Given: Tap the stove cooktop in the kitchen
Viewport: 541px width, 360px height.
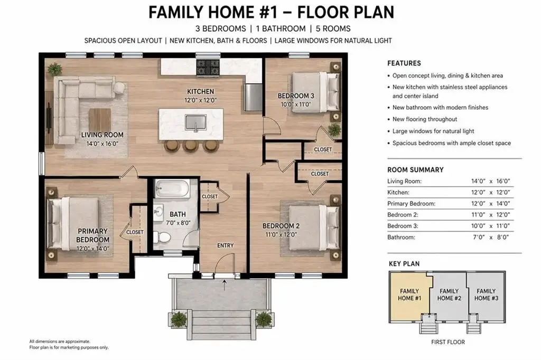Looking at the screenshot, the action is click(x=208, y=68).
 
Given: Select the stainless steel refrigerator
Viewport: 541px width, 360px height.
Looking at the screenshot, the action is click(x=254, y=97).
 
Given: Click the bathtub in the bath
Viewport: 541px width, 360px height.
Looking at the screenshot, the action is click(x=172, y=188).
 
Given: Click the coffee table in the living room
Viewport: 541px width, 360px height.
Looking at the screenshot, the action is click(x=100, y=119).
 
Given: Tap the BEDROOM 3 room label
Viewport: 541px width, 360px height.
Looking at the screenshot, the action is click(x=296, y=96).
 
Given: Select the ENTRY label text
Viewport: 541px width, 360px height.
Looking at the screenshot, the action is click(x=225, y=245).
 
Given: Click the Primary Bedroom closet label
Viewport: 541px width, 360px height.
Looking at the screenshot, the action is click(x=135, y=232).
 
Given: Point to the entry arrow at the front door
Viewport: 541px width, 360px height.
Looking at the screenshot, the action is click(x=225, y=285).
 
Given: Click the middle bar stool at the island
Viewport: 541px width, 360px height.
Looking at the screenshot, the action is click(x=190, y=146).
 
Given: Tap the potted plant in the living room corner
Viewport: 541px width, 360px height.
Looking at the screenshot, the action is click(x=55, y=69).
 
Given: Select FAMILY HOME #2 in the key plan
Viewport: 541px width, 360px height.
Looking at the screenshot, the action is click(x=449, y=295).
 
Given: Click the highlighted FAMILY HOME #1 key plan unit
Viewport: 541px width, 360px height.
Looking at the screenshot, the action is click(x=409, y=295).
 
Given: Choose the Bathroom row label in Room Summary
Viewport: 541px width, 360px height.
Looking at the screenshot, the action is click(x=401, y=237).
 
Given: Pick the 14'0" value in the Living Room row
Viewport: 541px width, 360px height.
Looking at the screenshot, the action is click(x=478, y=181).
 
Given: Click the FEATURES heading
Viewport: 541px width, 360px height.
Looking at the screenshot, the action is click(x=404, y=63).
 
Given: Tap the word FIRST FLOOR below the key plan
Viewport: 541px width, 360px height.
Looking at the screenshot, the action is click(x=448, y=342).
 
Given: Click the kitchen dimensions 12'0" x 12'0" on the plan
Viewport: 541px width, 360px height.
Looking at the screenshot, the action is click(x=200, y=100).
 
